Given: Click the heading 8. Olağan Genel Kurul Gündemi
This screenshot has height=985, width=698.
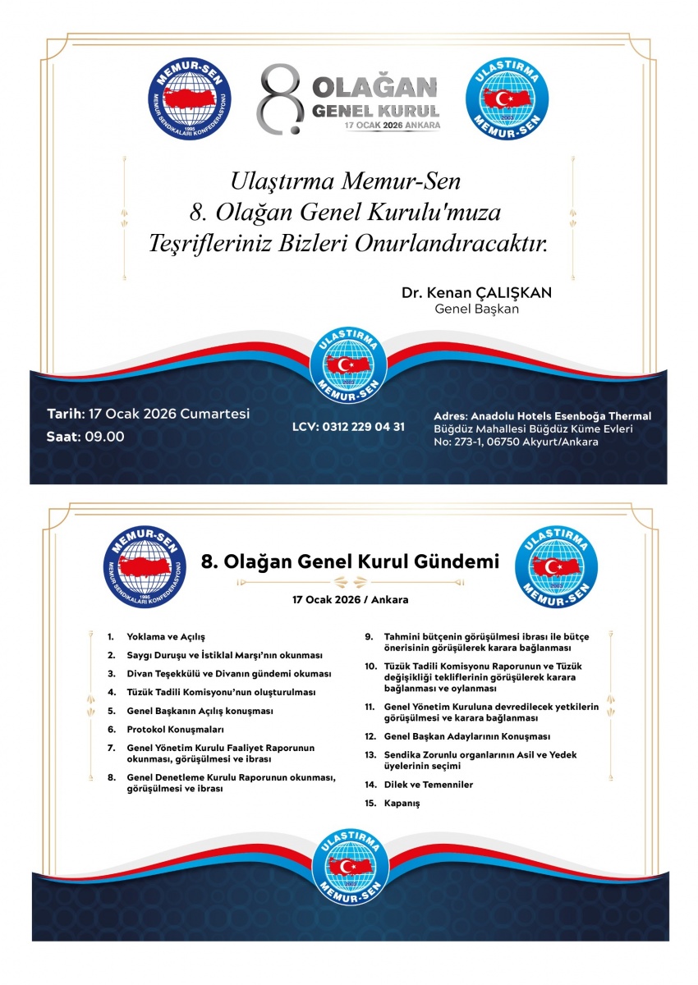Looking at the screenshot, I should click(350, 561).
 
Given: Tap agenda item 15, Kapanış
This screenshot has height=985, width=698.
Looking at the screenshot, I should click(402, 803).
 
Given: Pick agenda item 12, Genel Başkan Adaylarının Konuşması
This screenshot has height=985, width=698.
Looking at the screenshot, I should click(466, 736).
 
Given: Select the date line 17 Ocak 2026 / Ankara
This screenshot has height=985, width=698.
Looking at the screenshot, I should click(350, 600).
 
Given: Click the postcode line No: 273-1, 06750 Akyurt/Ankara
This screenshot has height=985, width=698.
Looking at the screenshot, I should click(516, 442).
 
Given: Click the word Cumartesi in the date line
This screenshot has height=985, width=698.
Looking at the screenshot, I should click(216, 415).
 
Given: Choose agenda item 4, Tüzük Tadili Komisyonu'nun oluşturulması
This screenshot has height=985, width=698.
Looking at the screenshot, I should click(221, 692).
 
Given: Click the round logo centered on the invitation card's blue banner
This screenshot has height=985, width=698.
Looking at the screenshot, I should click(349, 367).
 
